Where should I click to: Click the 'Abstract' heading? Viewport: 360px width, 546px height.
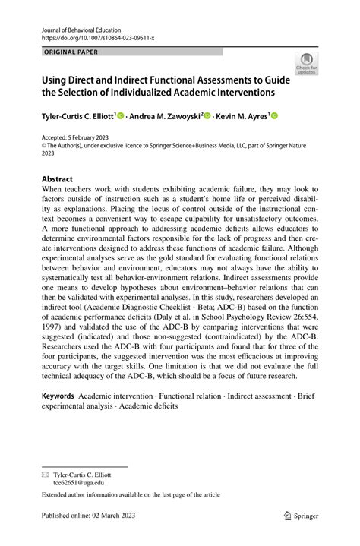tap(57, 180)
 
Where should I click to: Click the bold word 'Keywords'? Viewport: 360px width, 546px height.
tap(58, 396)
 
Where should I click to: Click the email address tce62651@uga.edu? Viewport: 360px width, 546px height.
tap(78, 481)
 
